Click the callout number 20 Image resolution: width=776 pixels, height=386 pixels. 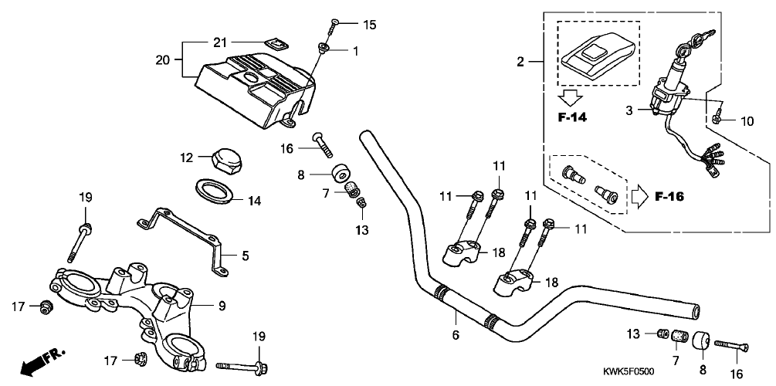(162, 59)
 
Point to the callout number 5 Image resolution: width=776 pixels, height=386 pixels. (246, 254)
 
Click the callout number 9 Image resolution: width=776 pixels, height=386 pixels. (222, 306)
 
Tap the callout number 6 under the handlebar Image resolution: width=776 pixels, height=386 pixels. (456, 334)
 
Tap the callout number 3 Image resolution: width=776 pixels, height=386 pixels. (629, 110)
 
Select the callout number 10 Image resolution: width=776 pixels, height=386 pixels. (747, 120)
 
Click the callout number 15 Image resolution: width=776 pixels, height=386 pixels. (370, 25)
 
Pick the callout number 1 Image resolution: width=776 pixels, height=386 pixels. (355, 52)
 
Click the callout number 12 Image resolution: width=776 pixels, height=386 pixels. (185, 157)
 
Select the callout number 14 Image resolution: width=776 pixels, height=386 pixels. (255, 201)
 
